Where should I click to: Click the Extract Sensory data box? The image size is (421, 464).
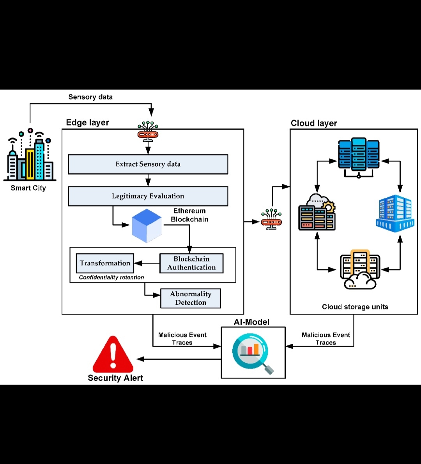click(148, 164)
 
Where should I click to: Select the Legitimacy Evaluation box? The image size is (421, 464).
click(148, 196)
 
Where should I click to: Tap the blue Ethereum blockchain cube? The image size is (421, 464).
click(147, 226)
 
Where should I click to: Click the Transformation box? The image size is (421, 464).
click(105, 263)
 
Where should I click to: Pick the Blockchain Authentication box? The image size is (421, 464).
click(191, 264)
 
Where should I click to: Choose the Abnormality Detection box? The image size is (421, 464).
click(191, 299)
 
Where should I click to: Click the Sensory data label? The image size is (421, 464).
click(90, 97)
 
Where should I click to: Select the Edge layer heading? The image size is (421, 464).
click(87, 123)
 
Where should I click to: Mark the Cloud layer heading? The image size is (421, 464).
click(314, 123)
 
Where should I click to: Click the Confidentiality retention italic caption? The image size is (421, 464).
click(111, 278)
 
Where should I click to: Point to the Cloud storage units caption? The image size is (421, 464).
click(355, 307)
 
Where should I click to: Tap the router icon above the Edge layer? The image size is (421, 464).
click(148, 131)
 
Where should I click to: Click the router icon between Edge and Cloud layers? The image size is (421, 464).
click(271, 219)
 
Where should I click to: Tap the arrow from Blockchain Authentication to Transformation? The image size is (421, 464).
click(147, 264)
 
